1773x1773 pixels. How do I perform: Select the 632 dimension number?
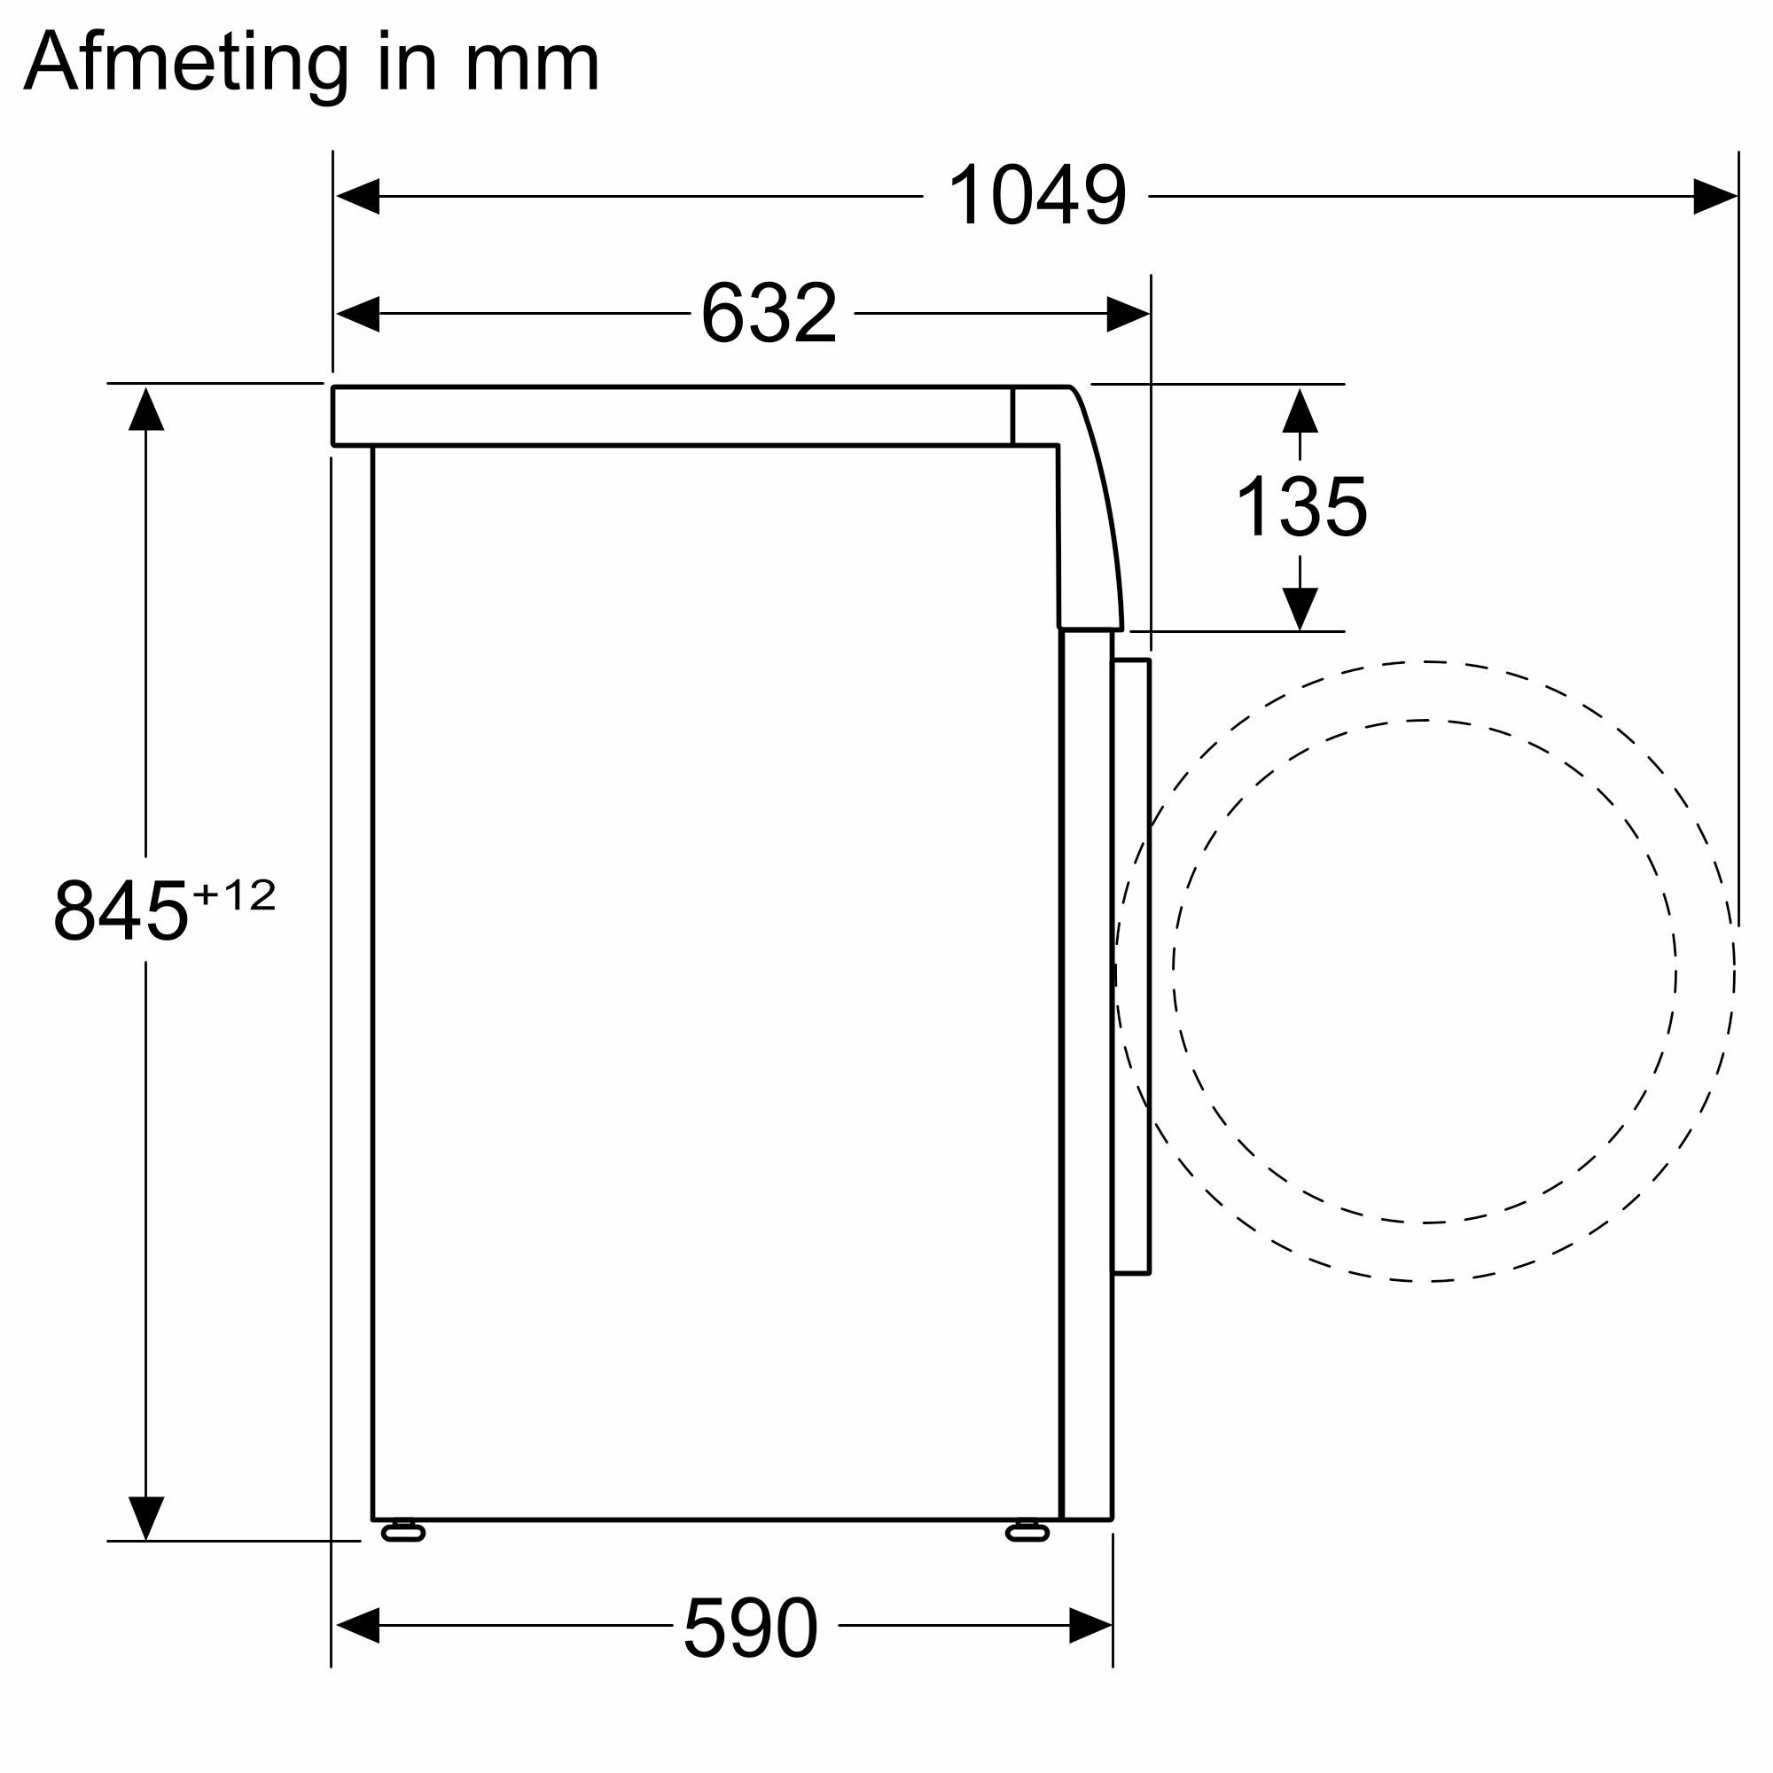[x=769, y=314]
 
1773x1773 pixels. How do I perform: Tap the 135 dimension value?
[x=1301, y=506]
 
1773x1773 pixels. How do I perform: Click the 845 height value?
[x=121, y=911]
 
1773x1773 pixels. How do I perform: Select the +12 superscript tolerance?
[x=234, y=894]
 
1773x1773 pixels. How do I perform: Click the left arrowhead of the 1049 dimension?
[x=358, y=197]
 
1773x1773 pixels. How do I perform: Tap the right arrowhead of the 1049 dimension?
[x=1714, y=197]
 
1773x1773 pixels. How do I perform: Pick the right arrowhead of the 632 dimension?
[x=1128, y=314]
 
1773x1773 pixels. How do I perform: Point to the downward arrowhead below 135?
[x=1300, y=607]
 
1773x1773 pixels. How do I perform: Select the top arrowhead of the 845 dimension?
[x=146, y=409]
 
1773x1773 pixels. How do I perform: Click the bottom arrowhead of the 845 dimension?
[x=146, y=1518]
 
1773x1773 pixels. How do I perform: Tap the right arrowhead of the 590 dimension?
[x=1090, y=1626]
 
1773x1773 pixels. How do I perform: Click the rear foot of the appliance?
[x=402, y=1532]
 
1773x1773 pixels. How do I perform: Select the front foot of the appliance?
[x=1027, y=1532]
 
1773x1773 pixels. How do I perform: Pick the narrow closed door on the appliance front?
[x=1130, y=965]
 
